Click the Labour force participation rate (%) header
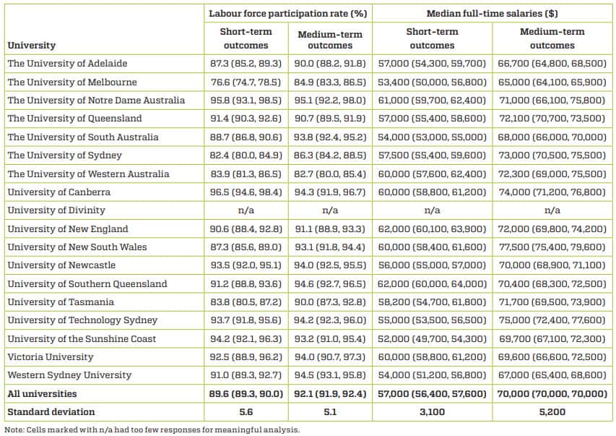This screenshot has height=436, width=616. coord(287,14)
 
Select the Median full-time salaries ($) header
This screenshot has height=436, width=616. coord(492,14)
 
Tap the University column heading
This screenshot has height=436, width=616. coord(31,46)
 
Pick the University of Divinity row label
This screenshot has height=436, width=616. coord(56,210)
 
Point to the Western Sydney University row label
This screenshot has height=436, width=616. coord(69,375)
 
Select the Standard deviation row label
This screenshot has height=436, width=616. coord(51,412)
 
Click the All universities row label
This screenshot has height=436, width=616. coord(42,394)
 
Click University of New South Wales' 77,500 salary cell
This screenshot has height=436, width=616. coord(552,247)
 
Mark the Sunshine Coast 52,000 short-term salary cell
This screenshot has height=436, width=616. coord(432,339)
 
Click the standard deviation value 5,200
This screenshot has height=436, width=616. coord(552,412)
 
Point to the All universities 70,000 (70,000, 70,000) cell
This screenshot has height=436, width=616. coord(552,394)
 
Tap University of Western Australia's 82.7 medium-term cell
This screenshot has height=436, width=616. coord(330,174)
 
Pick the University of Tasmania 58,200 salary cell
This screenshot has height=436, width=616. coord(432,302)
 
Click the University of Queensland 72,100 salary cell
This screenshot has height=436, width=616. coord(552,119)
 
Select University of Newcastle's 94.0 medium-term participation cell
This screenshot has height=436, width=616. coord(330,265)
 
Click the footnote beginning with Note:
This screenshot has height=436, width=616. coord(152,429)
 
